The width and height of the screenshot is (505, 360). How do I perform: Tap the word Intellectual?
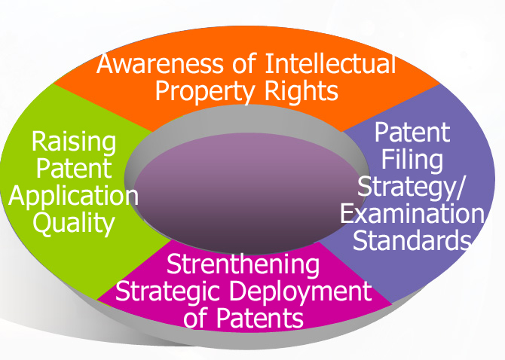point(330,65)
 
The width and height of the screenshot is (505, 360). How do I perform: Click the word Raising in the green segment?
point(74,142)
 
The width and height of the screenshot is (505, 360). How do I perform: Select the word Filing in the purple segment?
point(412,160)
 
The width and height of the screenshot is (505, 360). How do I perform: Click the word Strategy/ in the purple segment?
point(412,186)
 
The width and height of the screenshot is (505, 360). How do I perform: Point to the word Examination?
point(412,214)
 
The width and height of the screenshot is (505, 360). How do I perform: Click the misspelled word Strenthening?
point(243,265)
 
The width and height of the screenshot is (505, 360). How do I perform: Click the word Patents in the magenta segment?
point(256,317)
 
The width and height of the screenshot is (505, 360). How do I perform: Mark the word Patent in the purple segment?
point(412,133)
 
